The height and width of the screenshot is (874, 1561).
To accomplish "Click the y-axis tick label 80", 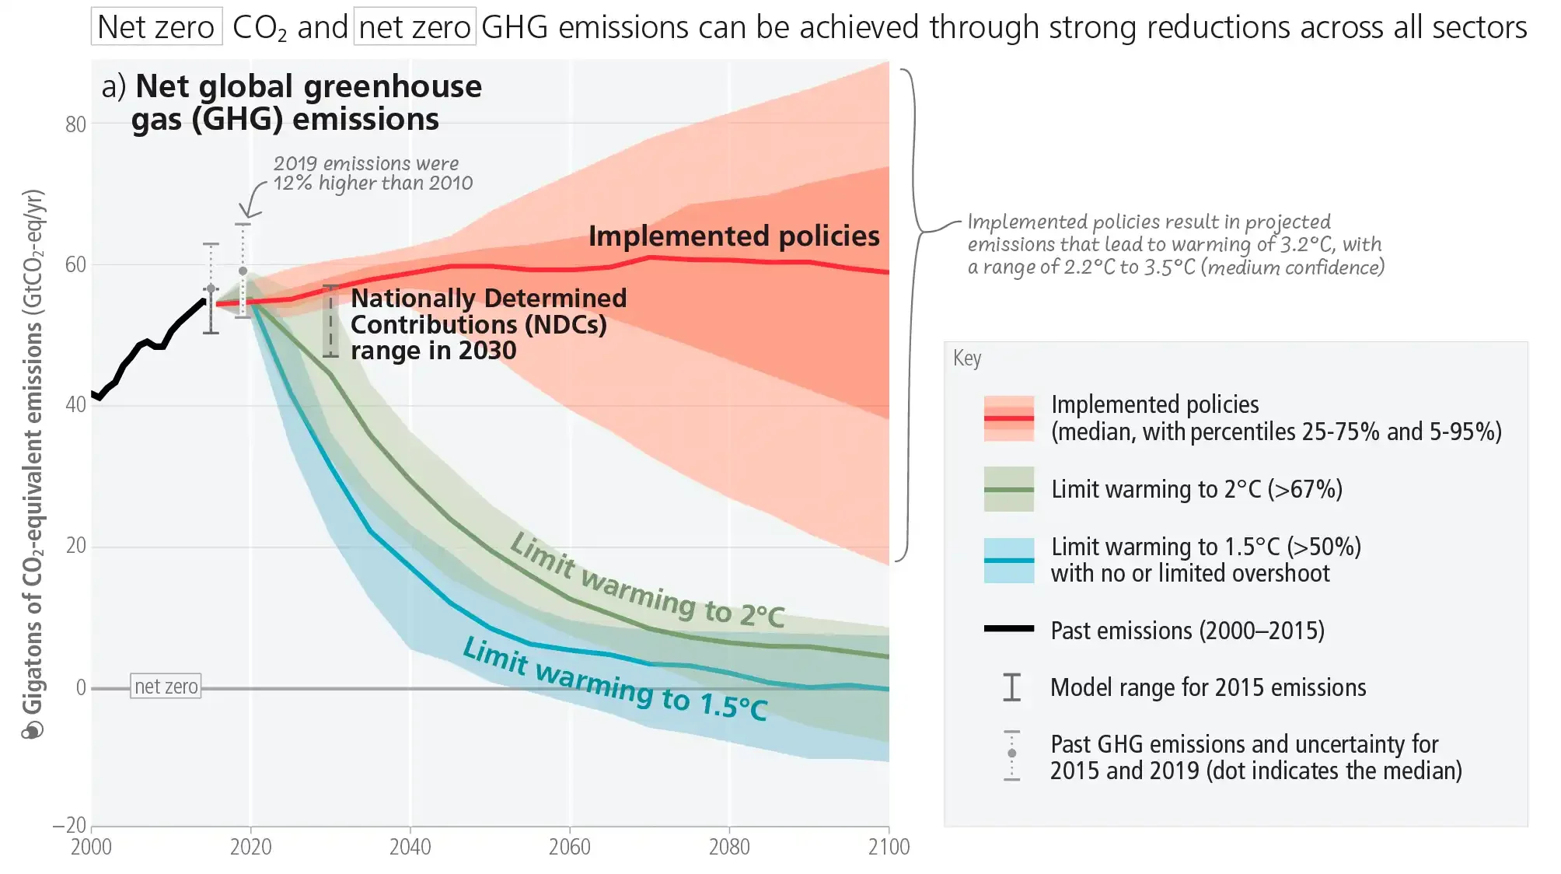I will click(x=75, y=124).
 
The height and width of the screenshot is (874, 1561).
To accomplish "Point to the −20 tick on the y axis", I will click(x=70, y=825).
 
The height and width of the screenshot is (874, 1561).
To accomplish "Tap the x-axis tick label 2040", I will click(x=410, y=847).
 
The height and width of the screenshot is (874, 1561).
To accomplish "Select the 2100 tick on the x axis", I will click(x=889, y=847).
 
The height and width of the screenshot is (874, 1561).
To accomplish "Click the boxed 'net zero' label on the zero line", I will click(x=166, y=686).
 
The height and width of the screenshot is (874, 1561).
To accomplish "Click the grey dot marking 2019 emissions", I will click(x=243, y=271).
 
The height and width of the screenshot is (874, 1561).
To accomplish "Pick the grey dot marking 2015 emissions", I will click(x=211, y=288).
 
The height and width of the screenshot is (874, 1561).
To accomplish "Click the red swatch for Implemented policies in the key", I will click(x=1008, y=418).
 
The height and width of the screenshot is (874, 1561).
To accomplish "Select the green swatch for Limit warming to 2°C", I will click(x=1008, y=489).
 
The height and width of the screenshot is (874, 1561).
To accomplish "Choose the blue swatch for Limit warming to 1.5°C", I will click(x=1008, y=560).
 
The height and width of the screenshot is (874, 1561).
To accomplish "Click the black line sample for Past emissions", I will click(x=1008, y=628).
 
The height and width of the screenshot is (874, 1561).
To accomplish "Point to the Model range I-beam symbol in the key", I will click(x=1011, y=687).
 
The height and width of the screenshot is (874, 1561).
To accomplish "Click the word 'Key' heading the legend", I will click(x=967, y=358).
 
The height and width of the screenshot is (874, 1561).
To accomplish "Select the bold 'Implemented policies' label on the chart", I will click(x=733, y=236).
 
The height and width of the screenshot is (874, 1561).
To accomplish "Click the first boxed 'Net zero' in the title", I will click(x=156, y=27).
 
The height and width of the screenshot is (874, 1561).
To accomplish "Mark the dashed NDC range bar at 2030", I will click(x=330, y=321).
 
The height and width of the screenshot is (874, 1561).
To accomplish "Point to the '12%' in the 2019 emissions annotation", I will click(x=293, y=184).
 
